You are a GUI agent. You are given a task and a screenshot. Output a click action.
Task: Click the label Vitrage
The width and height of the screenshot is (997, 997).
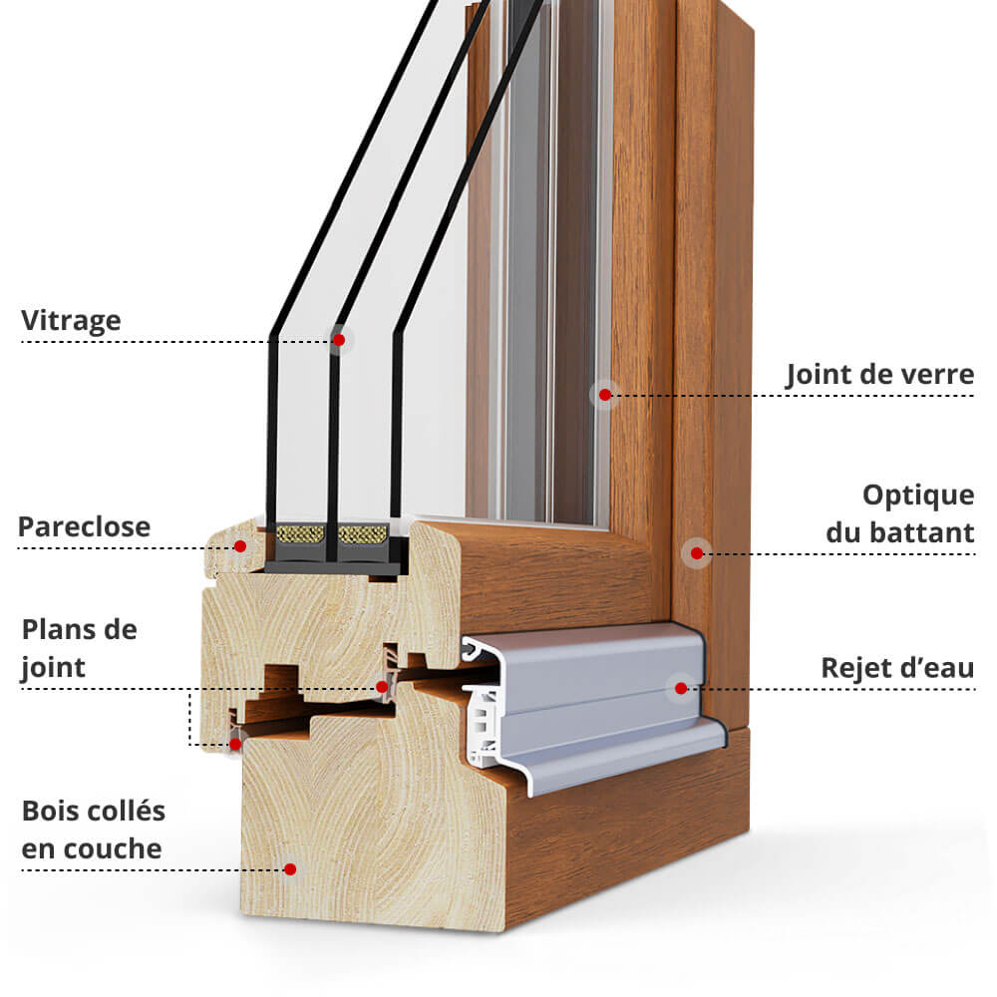click(x=71, y=321)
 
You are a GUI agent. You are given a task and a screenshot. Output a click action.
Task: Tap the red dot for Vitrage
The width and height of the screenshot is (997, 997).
click(x=339, y=340)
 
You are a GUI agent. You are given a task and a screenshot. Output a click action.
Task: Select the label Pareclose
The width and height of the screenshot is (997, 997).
click(x=84, y=526)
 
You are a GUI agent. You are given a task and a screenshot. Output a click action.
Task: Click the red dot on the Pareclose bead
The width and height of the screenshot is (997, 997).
click(x=240, y=546)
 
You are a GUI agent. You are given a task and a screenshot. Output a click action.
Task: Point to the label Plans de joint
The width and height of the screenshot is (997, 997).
click(x=79, y=648)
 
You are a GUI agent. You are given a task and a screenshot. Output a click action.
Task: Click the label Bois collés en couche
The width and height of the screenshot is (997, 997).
click(x=93, y=830)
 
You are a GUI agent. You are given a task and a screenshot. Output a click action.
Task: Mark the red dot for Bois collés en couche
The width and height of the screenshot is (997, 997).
click(x=290, y=869)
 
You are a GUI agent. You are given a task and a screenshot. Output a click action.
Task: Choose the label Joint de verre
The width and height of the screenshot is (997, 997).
click(x=879, y=375)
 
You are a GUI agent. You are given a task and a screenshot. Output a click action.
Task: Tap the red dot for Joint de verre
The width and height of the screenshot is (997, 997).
click(x=604, y=395)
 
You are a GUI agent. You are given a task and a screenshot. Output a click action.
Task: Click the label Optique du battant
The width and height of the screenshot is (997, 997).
click(x=899, y=513)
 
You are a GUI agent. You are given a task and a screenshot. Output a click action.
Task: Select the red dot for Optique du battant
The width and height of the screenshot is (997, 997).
click(x=696, y=552)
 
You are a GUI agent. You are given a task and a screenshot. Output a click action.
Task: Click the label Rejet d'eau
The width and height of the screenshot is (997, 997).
click(x=896, y=668)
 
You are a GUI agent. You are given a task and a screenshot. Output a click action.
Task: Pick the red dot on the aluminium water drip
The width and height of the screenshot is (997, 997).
click(x=681, y=688)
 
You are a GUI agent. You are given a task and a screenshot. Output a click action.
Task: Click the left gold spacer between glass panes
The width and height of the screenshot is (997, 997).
click(x=298, y=534)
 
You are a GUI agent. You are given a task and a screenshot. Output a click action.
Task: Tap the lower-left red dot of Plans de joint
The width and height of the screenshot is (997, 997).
click(x=236, y=743)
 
